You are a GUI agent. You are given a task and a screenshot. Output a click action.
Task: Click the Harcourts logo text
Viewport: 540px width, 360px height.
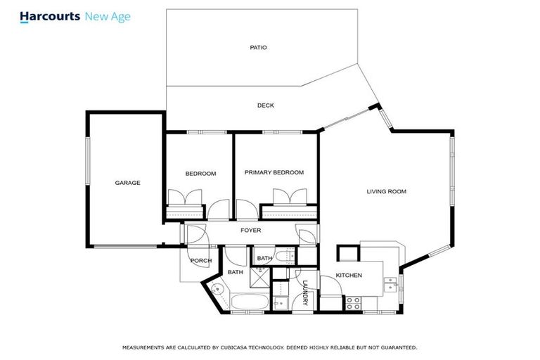click(x=50, y=15)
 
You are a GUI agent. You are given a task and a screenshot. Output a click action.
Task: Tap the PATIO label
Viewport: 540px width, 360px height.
click(x=258, y=48)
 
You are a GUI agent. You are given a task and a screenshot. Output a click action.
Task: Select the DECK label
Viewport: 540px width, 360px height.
click(x=265, y=105)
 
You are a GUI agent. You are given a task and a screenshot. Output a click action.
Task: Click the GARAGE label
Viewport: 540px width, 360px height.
click(x=127, y=183)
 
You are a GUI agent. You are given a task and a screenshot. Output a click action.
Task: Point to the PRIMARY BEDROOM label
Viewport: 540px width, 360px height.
click(x=274, y=172)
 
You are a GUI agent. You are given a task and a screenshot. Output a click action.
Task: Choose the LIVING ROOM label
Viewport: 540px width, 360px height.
click(x=386, y=191)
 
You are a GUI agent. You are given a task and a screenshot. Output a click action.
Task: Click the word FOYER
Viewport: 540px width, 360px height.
click(x=251, y=230)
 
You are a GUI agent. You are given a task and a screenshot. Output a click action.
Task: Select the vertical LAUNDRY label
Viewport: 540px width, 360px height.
click(x=305, y=293)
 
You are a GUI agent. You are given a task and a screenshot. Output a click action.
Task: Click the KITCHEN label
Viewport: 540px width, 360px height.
click(x=348, y=275)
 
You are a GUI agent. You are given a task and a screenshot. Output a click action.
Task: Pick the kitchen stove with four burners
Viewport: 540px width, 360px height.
click(x=353, y=303)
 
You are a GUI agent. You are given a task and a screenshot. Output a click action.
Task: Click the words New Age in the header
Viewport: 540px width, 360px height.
click(x=107, y=15)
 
